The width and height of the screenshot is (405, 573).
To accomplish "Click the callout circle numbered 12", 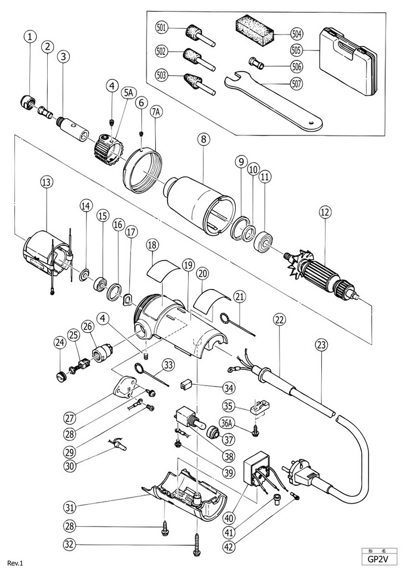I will tap(325, 211).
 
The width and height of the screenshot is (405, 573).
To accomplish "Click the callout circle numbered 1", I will tap(31, 37).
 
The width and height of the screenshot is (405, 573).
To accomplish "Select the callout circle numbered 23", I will tap(321, 344).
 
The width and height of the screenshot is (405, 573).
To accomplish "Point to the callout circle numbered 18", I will tap(153, 245).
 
